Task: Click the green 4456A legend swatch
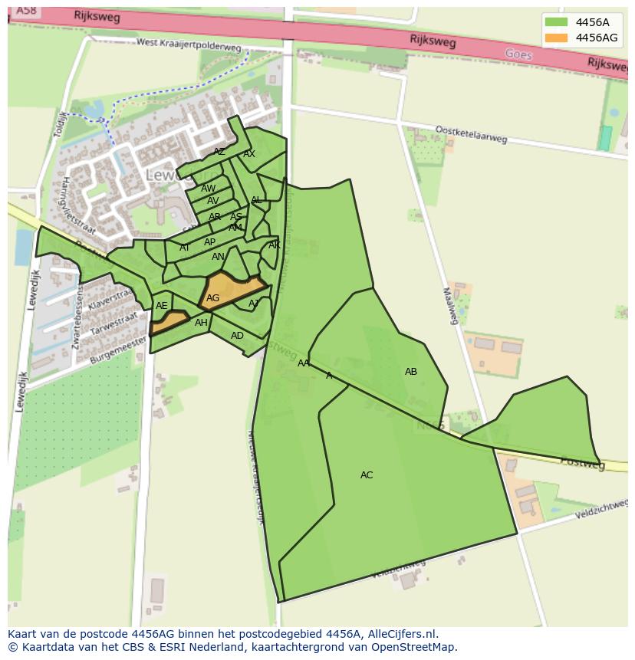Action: pyautogui.click(x=556, y=22)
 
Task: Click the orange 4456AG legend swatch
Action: pyautogui.click(x=556, y=38)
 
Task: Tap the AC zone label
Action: pyautogui.click(x=367, y=475)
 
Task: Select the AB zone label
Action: pyautogui.click(x=411, y=372)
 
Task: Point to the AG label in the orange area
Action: pyautogui.click(x=213, y=298)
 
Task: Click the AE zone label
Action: pyautogui.click(x=161, y=306)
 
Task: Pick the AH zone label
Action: pyautogui.click(x=201, y=323)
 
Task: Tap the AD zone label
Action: pyautogui.click(x=237, y=336)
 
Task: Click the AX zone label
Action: pyautogui.click(x=249, y=154)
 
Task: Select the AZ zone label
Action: pyautogui.click(x=219, y=152)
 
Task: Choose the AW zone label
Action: pyautogui.click(x=209, y=189)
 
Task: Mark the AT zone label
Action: pyautogui.click(x=185, y=248)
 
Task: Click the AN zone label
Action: pyautogui.click(x=219, y=257)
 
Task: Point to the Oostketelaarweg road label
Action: pyautogui.click(x=471, y=134)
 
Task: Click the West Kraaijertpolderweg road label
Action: pyautogui.click(x=189, y=45)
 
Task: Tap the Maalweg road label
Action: pyautogui.click(x=450, y=305)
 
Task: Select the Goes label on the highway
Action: pyautogui.click(x=518, y=54)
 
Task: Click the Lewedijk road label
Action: pyautogui.click(x=33, y=289)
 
